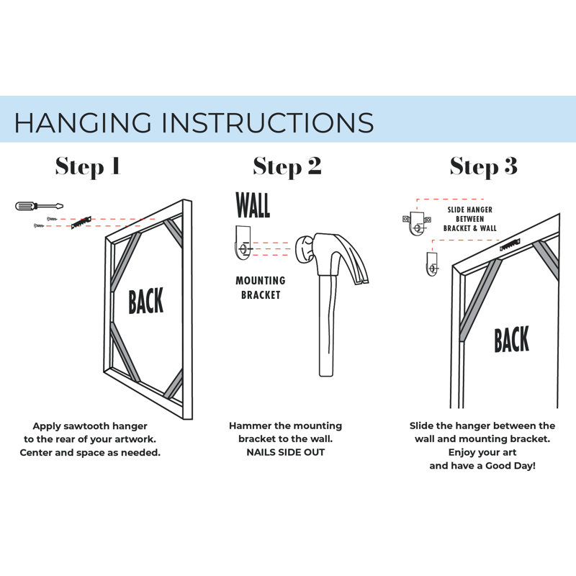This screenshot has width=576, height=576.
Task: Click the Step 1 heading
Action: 88,166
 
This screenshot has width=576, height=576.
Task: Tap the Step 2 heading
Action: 287,166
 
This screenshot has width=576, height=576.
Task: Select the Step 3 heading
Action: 484,166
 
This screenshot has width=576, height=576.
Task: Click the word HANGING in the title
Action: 83,122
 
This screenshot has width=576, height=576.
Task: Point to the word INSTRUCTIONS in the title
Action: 268,122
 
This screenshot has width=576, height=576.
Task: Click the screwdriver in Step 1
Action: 40,206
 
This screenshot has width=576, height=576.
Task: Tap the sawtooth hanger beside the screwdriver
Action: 81,222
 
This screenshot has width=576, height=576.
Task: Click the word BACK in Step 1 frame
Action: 146,301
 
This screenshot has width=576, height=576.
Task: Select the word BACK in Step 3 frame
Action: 511,339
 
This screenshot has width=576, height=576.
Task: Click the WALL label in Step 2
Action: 253,205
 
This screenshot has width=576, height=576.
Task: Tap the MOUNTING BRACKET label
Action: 261,287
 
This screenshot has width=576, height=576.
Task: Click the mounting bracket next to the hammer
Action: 243,243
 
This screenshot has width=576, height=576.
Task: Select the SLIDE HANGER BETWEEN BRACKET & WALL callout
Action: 470,219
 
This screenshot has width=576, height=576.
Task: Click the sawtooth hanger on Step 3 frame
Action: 510,245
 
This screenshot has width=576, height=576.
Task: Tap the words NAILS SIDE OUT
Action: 285,452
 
